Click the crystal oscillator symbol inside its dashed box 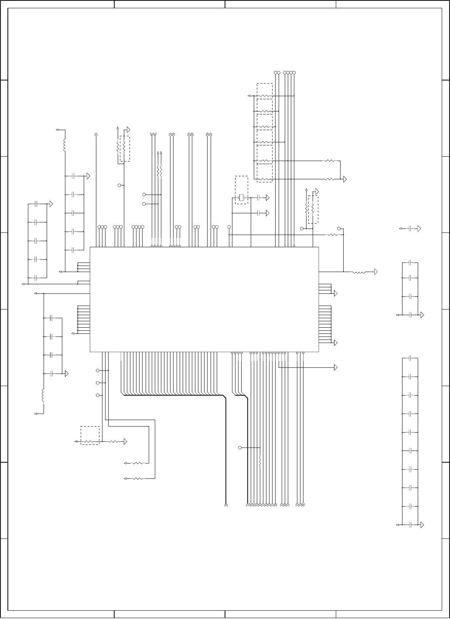click(241, 198)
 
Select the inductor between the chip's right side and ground click(359, 272)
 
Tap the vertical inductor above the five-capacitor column click(65, 145)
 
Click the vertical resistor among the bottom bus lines click(260, 461)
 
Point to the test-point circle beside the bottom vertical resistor click(240, 447)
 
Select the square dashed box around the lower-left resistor click(90, 435)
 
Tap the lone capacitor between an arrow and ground click(410, 228)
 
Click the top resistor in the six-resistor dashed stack click(265, 96)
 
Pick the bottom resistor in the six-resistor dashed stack click(265, 179)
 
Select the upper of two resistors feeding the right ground click(330, 161)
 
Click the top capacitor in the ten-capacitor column click(410, 358)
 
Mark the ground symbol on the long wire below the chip click(336, 367)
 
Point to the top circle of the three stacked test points click(98, 370)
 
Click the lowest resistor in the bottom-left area click(138, 478)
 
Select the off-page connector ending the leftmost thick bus click(226, 505)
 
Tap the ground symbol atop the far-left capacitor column click(51, 203)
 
